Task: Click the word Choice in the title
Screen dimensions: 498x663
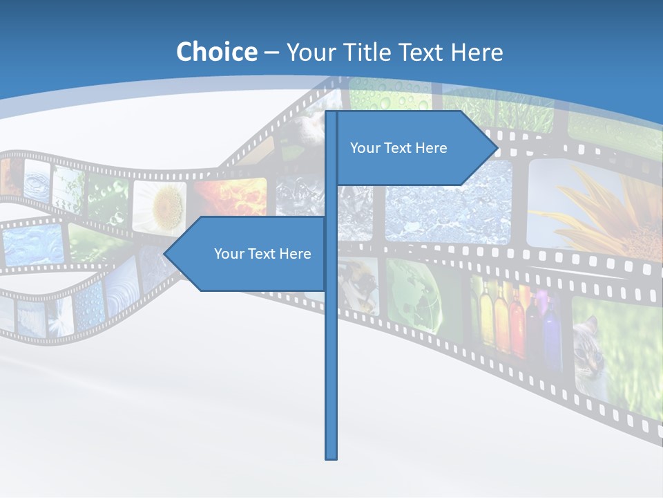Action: [216, 52]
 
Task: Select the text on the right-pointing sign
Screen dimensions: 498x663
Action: [398, 148]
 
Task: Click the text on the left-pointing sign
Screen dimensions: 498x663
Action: [262, 254]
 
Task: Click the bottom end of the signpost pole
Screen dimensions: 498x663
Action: [331, 456]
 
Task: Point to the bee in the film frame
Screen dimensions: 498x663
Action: [362, 284]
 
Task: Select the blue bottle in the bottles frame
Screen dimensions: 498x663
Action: [551, 332]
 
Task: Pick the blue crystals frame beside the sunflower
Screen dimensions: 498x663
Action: [449, 205]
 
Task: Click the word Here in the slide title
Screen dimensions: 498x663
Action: [477, 52]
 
